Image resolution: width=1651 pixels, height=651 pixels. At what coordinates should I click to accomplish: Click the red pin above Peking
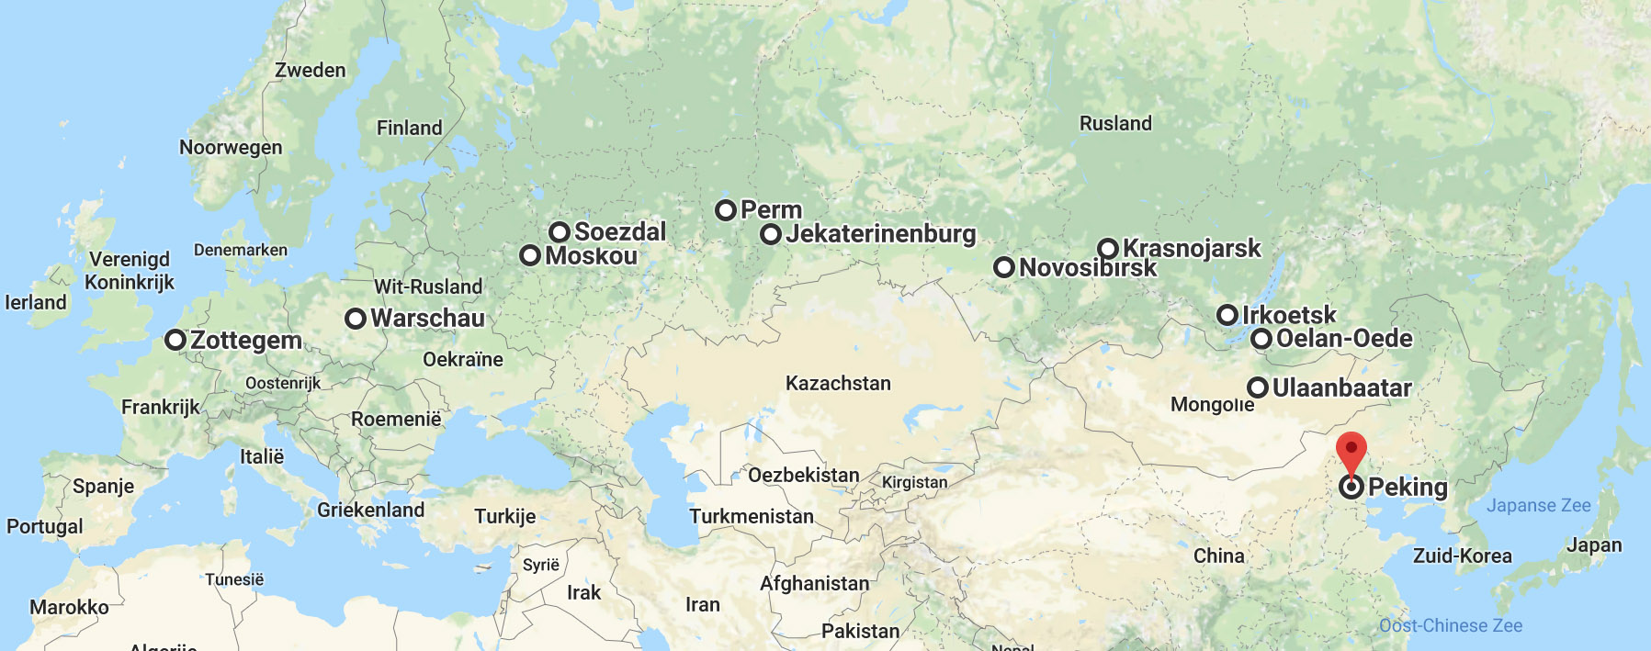point(1351,451)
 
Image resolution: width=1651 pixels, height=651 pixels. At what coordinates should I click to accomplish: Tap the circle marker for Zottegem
point(175,340)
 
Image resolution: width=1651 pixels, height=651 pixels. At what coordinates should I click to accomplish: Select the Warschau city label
point(427,319)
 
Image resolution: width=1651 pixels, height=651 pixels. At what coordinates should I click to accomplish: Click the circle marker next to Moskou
point(530,255)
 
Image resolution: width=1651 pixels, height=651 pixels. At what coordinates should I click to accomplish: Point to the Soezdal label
point(620,231)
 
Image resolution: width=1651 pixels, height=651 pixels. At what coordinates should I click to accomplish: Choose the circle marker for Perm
point(726,210)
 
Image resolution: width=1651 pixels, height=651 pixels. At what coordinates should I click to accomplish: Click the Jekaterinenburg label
point(880,234)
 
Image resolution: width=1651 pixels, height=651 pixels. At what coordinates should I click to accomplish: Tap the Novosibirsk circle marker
point(1004,267)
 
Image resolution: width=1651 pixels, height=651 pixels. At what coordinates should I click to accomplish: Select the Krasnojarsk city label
point(1192,248)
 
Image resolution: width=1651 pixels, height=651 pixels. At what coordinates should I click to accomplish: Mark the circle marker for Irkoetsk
point(1227,315)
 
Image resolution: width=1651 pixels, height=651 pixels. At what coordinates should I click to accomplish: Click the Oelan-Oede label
point(1344,339)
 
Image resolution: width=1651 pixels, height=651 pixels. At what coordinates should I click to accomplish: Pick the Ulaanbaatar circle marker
point(1258,387)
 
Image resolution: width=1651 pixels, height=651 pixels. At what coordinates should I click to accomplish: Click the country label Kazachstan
point(838,383)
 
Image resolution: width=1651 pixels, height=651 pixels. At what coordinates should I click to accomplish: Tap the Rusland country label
point(1115,123)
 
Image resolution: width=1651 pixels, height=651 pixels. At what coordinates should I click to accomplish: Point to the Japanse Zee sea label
point(1538,505)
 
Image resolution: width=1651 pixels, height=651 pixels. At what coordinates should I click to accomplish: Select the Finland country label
point(409,128)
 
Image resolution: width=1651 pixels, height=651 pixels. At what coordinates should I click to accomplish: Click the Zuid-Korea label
point(1462,556)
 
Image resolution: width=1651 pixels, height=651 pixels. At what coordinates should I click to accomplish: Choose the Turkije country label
point(504,516)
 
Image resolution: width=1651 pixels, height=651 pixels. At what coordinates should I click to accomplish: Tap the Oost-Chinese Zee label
point(1450,625)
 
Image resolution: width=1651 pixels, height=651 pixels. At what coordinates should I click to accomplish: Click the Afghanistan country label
point(814,583)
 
